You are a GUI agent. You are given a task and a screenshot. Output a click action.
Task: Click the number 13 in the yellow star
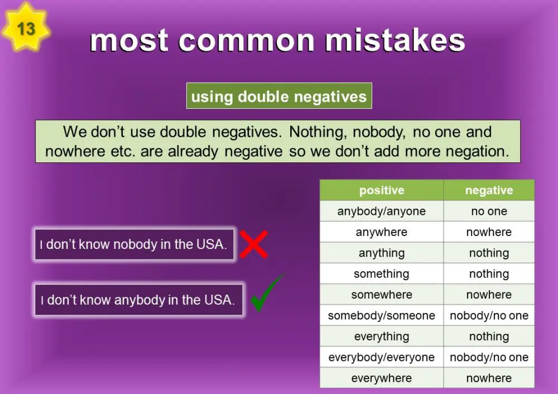26,28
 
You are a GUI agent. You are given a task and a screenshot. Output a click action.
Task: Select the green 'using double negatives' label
279,97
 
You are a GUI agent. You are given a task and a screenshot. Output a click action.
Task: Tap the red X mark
253,244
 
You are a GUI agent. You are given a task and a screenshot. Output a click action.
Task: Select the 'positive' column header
382,190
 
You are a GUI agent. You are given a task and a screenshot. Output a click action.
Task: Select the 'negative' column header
489,190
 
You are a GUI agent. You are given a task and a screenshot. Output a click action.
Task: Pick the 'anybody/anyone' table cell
382,211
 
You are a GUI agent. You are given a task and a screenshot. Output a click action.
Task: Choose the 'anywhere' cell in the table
382,232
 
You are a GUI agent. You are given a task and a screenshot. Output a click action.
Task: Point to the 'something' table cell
382,274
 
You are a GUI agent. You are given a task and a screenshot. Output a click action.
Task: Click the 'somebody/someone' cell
382,316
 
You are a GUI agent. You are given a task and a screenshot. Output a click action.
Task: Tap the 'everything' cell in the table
382,337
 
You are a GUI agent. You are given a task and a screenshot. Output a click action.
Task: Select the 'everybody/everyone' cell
382,358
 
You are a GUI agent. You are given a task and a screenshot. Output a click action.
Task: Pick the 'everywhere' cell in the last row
382,378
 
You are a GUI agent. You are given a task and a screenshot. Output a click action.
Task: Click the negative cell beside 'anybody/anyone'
489,211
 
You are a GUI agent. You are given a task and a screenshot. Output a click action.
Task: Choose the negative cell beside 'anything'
489,253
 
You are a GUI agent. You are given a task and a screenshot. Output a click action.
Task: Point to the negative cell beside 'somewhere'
489,295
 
